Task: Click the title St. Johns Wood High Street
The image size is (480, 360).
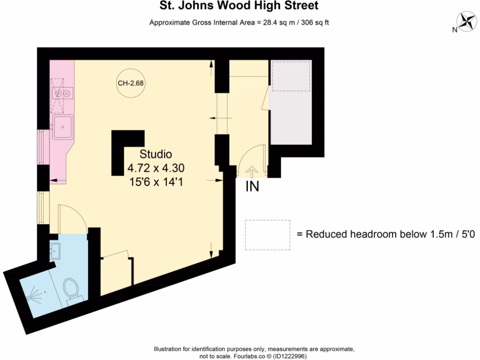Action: pos(240,6)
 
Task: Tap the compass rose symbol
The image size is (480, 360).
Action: pos(466,21)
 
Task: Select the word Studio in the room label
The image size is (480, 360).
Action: pos(156,154)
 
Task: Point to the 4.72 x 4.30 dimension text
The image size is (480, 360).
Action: pos(156,168)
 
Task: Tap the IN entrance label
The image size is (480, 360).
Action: pos(252,187)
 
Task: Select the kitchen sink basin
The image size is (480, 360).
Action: pos(62,126)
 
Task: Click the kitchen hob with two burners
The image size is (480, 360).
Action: pos(62,94)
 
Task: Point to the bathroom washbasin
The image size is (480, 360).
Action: pos(56,252)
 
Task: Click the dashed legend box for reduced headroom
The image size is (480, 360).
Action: pos(267,235)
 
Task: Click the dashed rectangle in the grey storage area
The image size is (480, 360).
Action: pos(291,76)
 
